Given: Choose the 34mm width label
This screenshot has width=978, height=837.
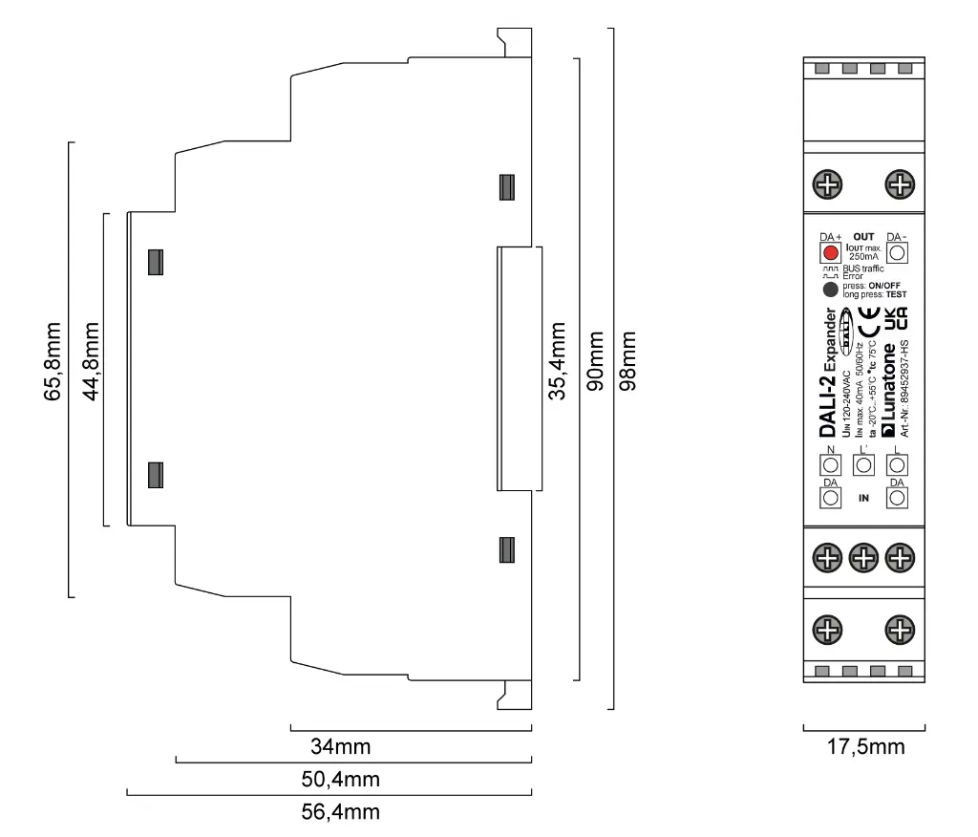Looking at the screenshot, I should tap(340, 745).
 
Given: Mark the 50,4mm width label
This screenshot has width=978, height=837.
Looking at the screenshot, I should tap(340, 779).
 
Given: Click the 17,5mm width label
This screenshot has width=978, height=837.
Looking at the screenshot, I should tap(864, 746).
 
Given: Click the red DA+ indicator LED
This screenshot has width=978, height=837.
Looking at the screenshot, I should tap(830, 253).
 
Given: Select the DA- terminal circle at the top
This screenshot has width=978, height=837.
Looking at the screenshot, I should tap(897, 253).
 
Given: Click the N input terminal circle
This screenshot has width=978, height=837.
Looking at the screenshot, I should tap(830, 465).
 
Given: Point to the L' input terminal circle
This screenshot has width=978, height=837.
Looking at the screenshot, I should tap(863, 465).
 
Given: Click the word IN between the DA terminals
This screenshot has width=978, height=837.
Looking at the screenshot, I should tap(863, 498).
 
